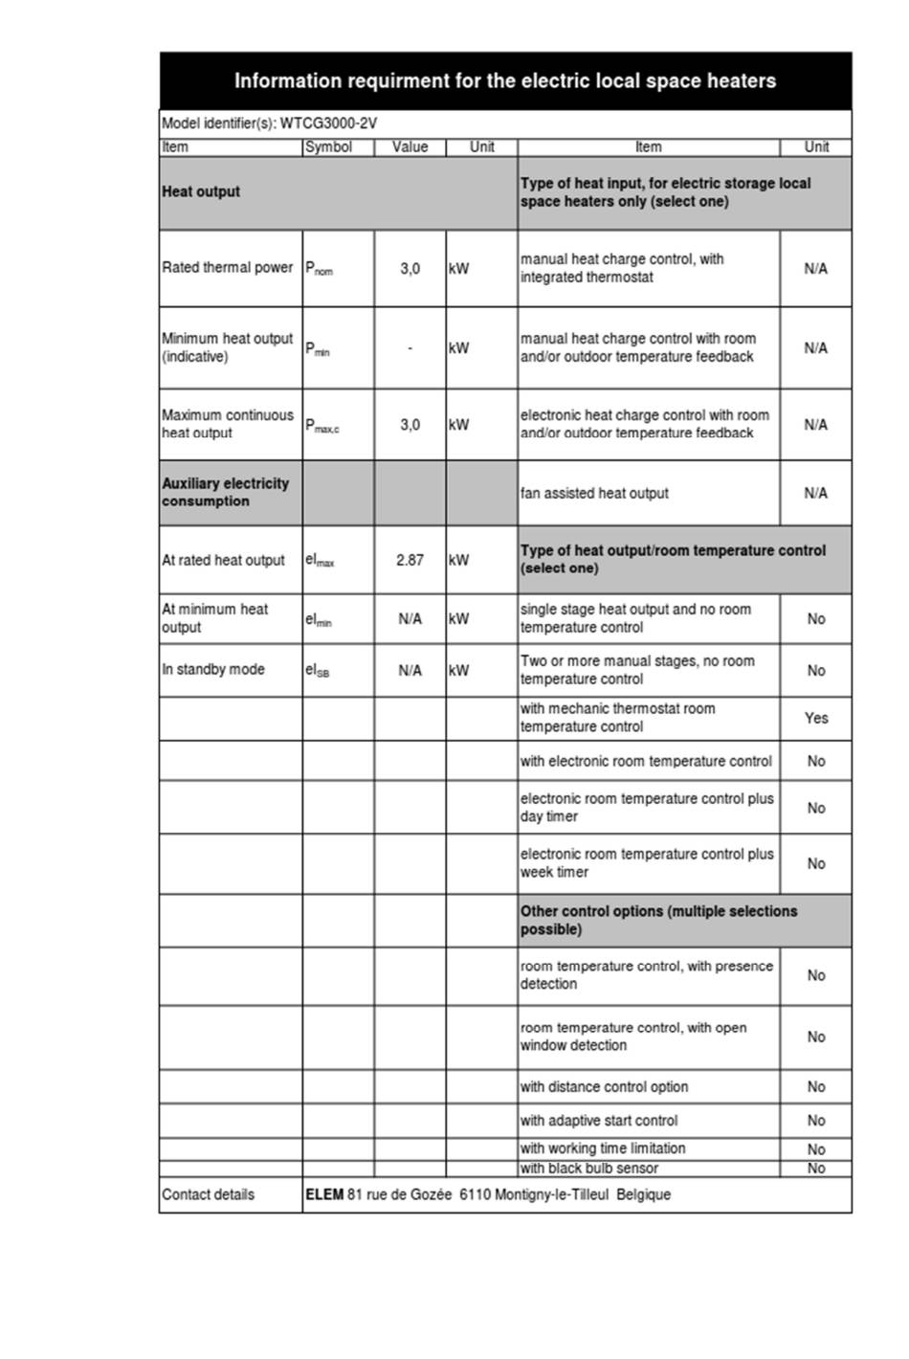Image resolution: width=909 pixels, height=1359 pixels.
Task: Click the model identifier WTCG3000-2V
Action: click(328, 123)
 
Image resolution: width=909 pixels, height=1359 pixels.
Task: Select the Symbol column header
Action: click(328, 147)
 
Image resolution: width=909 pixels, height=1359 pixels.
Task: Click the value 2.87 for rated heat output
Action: click(410, 560)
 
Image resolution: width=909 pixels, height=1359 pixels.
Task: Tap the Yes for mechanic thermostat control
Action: click(815, 718)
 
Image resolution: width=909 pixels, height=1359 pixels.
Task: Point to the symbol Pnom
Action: click(320, 269)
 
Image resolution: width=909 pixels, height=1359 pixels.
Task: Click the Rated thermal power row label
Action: click(227, 268)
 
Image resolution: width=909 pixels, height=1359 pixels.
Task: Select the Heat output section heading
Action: click(201, 191)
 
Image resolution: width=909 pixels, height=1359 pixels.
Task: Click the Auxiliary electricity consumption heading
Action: click(225, 492)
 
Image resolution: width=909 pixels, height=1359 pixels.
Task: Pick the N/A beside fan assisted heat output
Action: click(815, 493)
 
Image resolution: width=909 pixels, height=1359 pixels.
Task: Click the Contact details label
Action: click(209, 1194)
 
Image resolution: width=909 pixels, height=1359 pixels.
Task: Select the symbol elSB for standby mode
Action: click(318, 671)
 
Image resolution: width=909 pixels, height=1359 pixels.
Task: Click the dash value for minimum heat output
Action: click(410, 348)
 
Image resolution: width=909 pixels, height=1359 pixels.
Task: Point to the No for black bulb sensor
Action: click(815, 1169)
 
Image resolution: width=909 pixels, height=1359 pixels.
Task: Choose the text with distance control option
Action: click(604, 1087)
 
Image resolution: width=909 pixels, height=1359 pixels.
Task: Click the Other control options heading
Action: click(658, 920)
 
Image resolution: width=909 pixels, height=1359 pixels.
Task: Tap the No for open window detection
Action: click(815, 1036)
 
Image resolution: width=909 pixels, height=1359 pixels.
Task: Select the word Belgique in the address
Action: click(644, 1194)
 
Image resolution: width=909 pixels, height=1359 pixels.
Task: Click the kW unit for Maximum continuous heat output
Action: click(459, 425)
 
